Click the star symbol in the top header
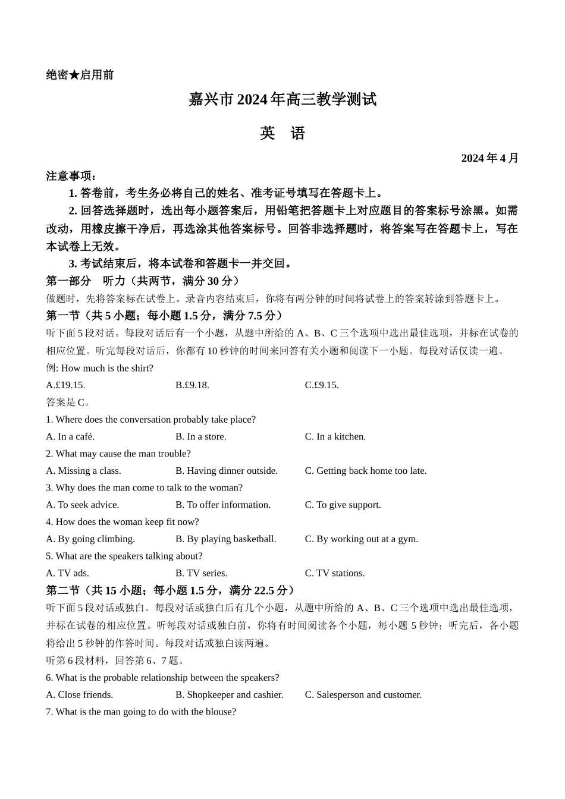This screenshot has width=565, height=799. pyautogui.click(x=74, y=75)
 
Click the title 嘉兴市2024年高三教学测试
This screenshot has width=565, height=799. pyautogui.click(x=282, y=99)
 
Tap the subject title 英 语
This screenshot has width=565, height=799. pyautogui.click(x=282, y=133)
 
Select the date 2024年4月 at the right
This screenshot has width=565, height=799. pyautogui.click(x=489, y=158)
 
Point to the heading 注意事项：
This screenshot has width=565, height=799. pyautogui.click(x=71, y=176)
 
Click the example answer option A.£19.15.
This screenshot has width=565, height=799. pyautogui.click(x=65, y=385)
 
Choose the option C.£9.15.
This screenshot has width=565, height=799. pyautogui.click(x=322, y=385)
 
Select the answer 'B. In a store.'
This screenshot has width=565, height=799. pyautogui.click(x=200, y=436)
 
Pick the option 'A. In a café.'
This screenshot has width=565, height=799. pyautogui.click(x=70, y=436)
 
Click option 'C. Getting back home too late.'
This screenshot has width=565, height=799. pyautogui.click(x=365, y=471)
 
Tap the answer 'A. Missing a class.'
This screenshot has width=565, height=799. pyautogui.click(x=83, y=471)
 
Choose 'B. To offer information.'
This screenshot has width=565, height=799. pyautogui.click(x=222, y=505)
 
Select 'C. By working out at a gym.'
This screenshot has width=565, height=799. pyautogui.click(x=361, y=539)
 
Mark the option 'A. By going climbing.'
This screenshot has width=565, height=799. pyautogui.click(x=90, y=539)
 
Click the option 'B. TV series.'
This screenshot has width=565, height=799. pyautogui.click(x=201, y=573)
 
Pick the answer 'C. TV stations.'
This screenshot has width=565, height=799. pyautogui.click(x=334, y=573)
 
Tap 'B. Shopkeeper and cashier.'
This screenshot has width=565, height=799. pyautogui.click(x=229, y=695)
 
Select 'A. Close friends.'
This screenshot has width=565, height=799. pyautogui.click(x=79, y=695)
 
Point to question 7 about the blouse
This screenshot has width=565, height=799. pyautogui.click(x=141, y=712)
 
